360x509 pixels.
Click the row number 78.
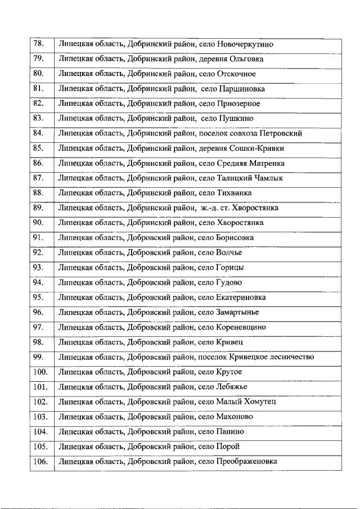(39, 44)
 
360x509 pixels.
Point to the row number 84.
(39, 133)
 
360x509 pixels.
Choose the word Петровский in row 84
(282, 133)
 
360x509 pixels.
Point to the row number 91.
(39, 237)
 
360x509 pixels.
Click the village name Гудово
(229, 282)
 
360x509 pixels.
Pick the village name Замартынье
(237, 312)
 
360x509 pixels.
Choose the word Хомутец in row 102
(258, 402)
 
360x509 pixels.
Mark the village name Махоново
(235, 417)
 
